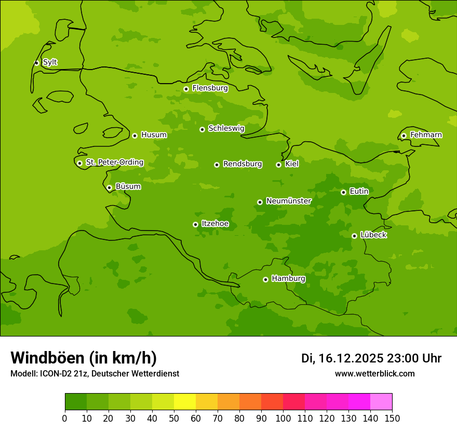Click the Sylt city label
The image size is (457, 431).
pos(50,62)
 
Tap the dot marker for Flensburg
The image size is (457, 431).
pos(186,89)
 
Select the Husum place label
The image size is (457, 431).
pos(154,135)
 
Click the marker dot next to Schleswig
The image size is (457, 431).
pos(202,129)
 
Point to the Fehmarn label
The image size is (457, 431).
pos(426,135)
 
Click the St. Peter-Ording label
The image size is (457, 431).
pos(114,163)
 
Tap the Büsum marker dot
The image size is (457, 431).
pos(109,187)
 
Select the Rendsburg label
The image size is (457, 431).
pos(243,164)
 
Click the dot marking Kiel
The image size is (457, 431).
pos(278,165)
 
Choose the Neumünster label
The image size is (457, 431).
pos(289,201)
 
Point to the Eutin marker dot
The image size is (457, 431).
pos(343,192)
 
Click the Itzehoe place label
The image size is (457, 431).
pos(215,224)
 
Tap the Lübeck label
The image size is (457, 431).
pos(373,235)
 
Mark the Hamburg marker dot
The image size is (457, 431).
pos(265,279)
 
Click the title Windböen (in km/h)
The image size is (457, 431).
pos(84,358)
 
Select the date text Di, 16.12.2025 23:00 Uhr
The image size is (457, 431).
pos(371,358)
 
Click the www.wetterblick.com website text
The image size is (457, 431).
pos(374,374)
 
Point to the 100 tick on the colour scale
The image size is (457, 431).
pos(283,418)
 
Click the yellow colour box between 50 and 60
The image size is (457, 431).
pos(185,402)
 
